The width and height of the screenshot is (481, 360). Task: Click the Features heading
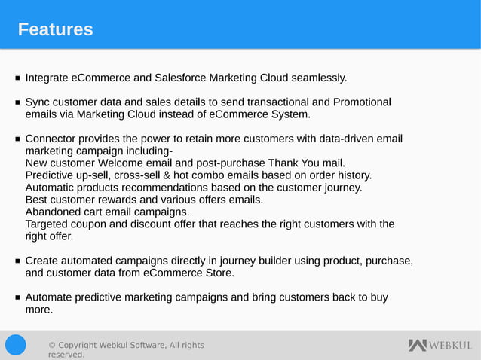(x=55, y=29)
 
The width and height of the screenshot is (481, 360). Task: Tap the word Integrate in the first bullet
(x=47, y=78)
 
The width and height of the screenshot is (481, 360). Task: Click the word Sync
(x=38, y=102)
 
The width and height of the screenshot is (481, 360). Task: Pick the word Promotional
(x=362, y=102)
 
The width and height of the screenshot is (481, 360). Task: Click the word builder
(x=277, y=261)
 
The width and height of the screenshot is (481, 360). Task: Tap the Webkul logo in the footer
(x=440, y=346)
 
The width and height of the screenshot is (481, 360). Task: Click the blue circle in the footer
(x=16, y=345)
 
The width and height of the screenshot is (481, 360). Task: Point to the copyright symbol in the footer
(x=51, y=346)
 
